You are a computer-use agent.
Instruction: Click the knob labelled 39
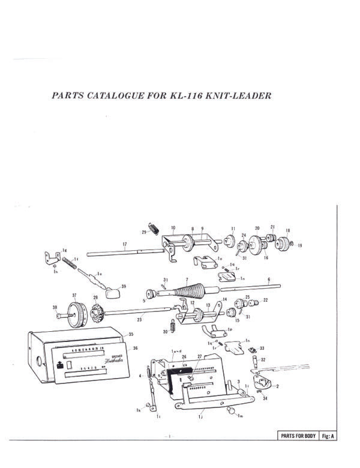tap(112, 293)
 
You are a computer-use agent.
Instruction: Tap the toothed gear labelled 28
tap(95, 313)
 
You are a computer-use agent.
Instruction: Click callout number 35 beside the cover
tap(131, 334)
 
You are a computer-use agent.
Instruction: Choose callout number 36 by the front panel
tap(136, 348)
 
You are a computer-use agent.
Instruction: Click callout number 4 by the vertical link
tap(140, 376)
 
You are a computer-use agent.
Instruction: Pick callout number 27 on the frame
tap(200, 356)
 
